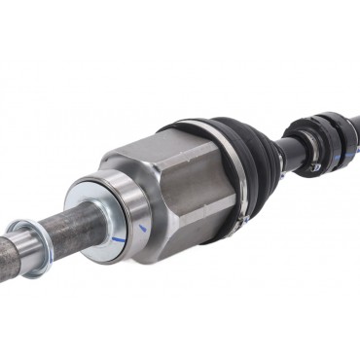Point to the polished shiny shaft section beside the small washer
(25, 244)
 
